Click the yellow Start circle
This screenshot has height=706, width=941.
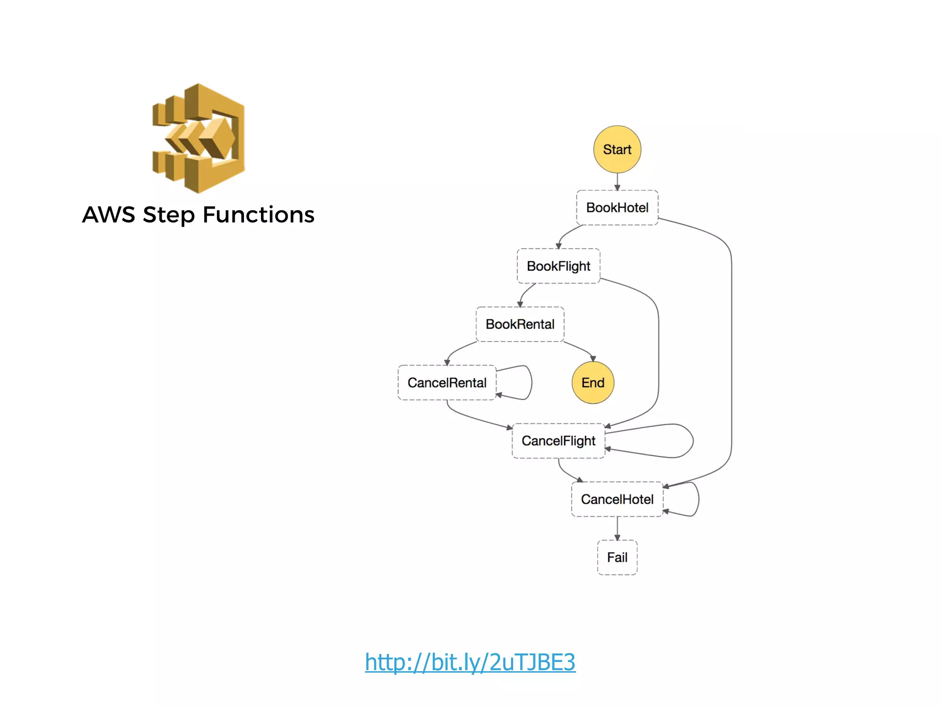coord(617,149)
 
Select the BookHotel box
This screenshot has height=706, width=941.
coord(617,208)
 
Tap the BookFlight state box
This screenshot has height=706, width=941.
coord(558,266)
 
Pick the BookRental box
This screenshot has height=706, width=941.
coord(520,325)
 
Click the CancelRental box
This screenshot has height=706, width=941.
coord(447,382)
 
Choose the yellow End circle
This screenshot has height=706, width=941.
coord(593,382)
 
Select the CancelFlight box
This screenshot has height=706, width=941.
coord(558,441)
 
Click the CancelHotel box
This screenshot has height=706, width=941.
coord(617,499)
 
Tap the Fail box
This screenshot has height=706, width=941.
coord(617,558)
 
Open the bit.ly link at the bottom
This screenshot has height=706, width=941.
coord(470,662)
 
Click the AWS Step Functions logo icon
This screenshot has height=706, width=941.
coord(198,138)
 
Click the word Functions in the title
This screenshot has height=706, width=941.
coord(258,215)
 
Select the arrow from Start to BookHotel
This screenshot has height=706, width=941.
coord(617,182)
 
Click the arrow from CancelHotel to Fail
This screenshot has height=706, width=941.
coord(617,529)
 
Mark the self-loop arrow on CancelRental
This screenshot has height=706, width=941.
coord(531,382)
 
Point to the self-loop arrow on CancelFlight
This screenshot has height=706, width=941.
coord(692,441)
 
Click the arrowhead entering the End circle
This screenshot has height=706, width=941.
coord(593,359)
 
